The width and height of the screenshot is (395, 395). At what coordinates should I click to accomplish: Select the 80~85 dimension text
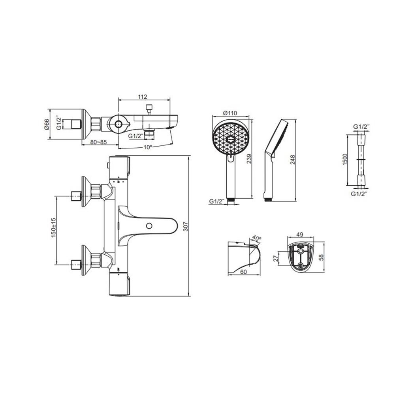click(98, 143)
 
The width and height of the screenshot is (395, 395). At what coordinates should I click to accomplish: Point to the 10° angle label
click(147, 147)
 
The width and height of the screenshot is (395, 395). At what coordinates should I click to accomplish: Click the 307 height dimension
click(194, 225)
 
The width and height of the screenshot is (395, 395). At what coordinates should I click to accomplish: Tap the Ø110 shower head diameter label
click(229, 113)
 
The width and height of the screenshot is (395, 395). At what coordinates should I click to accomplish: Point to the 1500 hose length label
click(344, 160)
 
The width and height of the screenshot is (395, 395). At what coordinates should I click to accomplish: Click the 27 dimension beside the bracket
click(276, 259)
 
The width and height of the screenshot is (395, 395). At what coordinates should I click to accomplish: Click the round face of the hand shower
click(230, 138)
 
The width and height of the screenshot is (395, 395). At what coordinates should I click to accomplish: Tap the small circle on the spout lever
click(149, 226)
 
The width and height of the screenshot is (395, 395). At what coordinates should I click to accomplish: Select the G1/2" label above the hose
click(361, 126)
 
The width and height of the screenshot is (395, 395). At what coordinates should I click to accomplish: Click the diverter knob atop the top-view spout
click(149, 107)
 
